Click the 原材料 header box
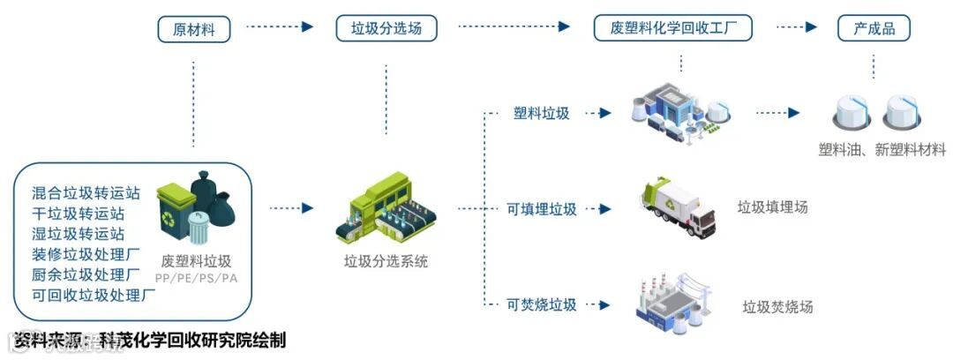193,29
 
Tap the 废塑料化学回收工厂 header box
673,28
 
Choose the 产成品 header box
874,29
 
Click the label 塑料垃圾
541,114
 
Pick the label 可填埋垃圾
541,210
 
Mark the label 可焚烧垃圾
541,305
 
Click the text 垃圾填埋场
772,208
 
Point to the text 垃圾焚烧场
777,307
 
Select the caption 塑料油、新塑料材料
882,150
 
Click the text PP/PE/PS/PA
196,279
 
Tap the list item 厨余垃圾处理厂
86,274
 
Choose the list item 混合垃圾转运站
86,191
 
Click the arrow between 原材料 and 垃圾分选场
279,27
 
